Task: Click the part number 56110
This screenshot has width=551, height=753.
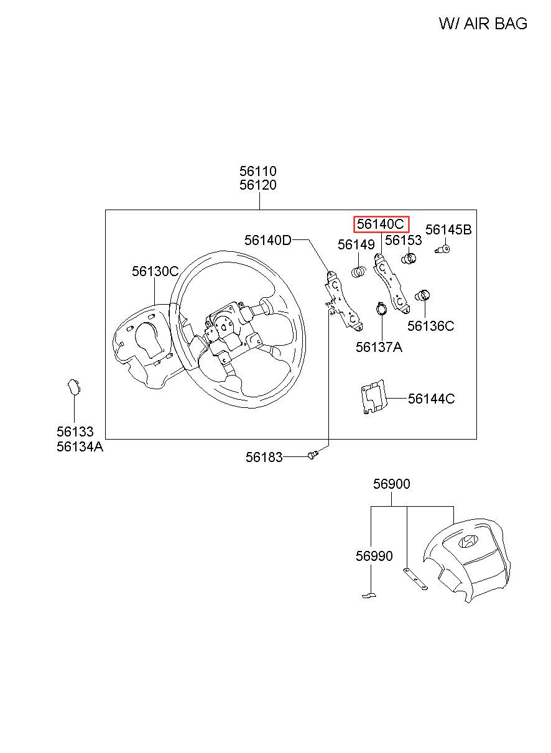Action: pos(257,171)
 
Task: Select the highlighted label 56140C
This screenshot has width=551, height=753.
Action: pos(381,224)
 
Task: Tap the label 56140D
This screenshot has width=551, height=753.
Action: pos(267,241)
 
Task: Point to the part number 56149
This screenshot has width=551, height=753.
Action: pos(356,245)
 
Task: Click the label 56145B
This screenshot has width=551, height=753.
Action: pos(448,230)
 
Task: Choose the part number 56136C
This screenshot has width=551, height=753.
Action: pos(430,326)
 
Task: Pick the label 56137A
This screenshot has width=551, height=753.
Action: pos(379,347)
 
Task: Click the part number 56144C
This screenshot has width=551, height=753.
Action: pos(431,399)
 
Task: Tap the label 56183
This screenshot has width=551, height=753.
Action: pos(264,457)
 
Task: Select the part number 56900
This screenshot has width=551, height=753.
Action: pos(391,484)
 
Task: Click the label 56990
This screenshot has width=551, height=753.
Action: pos(374,556)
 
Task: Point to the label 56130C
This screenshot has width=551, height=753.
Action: pos(155,271)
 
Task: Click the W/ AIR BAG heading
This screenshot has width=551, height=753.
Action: pos(483,24)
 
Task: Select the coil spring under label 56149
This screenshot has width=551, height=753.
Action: pos(358,271)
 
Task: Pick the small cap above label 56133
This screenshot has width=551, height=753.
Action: pos(74,387)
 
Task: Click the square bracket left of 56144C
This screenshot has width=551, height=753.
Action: pos(374,397)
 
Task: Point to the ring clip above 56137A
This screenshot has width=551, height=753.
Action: pos(381,308)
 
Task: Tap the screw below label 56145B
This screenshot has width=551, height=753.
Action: pos(443,249)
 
